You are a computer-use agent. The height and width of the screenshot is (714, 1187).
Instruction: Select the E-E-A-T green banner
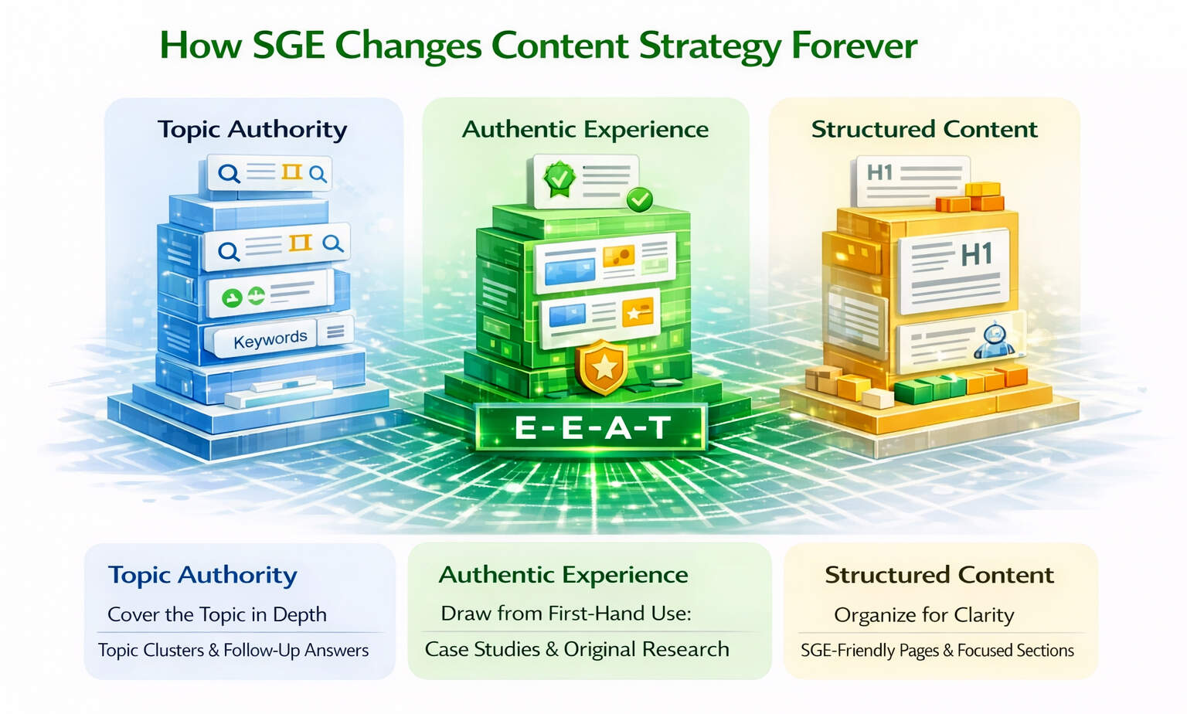(591, 427)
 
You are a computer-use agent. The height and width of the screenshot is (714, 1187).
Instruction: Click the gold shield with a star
(604, 366)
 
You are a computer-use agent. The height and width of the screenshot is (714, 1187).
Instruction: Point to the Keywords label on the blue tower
(270, 339)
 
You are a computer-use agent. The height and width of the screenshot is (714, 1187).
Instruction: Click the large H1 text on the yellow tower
(976, 254)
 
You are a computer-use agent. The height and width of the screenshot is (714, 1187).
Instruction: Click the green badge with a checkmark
(559, 178)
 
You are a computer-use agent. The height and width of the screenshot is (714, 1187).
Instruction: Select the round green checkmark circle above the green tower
(639, 199)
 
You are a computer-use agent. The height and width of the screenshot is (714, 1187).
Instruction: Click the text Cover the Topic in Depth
(217, 614)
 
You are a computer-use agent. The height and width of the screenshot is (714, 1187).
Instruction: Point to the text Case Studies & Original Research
(576, 649)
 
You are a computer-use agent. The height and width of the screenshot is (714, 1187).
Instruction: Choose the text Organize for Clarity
(923, 615)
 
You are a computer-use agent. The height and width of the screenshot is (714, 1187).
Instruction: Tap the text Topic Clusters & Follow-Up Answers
(233, 650)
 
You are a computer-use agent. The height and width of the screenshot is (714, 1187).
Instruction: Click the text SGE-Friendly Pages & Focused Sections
(937, 651)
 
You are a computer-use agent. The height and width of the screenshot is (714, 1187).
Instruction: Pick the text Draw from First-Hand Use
(566, 614)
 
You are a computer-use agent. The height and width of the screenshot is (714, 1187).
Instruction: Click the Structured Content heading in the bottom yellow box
(939, 575)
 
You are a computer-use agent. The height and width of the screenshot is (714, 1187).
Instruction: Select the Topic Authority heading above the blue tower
(252, 129)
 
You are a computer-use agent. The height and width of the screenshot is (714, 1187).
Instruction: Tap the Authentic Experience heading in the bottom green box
(563, 575)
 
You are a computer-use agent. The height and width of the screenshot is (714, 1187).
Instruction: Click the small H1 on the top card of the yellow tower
(879, 172)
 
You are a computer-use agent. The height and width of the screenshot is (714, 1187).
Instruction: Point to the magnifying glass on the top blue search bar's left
(229, 173)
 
